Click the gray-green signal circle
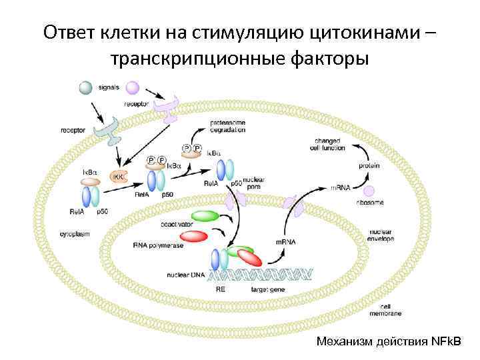86,87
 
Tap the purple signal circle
132,87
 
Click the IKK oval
119,177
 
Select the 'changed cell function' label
327,144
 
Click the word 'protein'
370,165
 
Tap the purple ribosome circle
369,191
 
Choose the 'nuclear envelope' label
381,235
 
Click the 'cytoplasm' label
74,234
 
